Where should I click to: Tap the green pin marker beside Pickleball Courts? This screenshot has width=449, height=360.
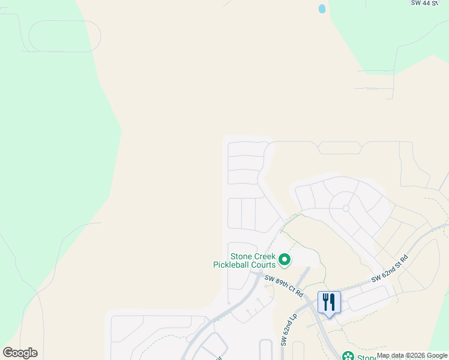285,260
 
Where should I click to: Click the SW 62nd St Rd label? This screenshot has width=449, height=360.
389,269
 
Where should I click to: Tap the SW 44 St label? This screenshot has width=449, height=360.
429,3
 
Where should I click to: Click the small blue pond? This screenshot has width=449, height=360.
322,9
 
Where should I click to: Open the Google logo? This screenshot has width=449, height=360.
20,353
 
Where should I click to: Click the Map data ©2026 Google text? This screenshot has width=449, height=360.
412,356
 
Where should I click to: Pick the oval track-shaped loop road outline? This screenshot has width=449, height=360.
64,36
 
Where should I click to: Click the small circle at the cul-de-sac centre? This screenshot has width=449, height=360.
346,208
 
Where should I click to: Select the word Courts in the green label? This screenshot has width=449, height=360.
265,264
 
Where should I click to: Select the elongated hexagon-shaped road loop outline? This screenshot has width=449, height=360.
339,148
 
